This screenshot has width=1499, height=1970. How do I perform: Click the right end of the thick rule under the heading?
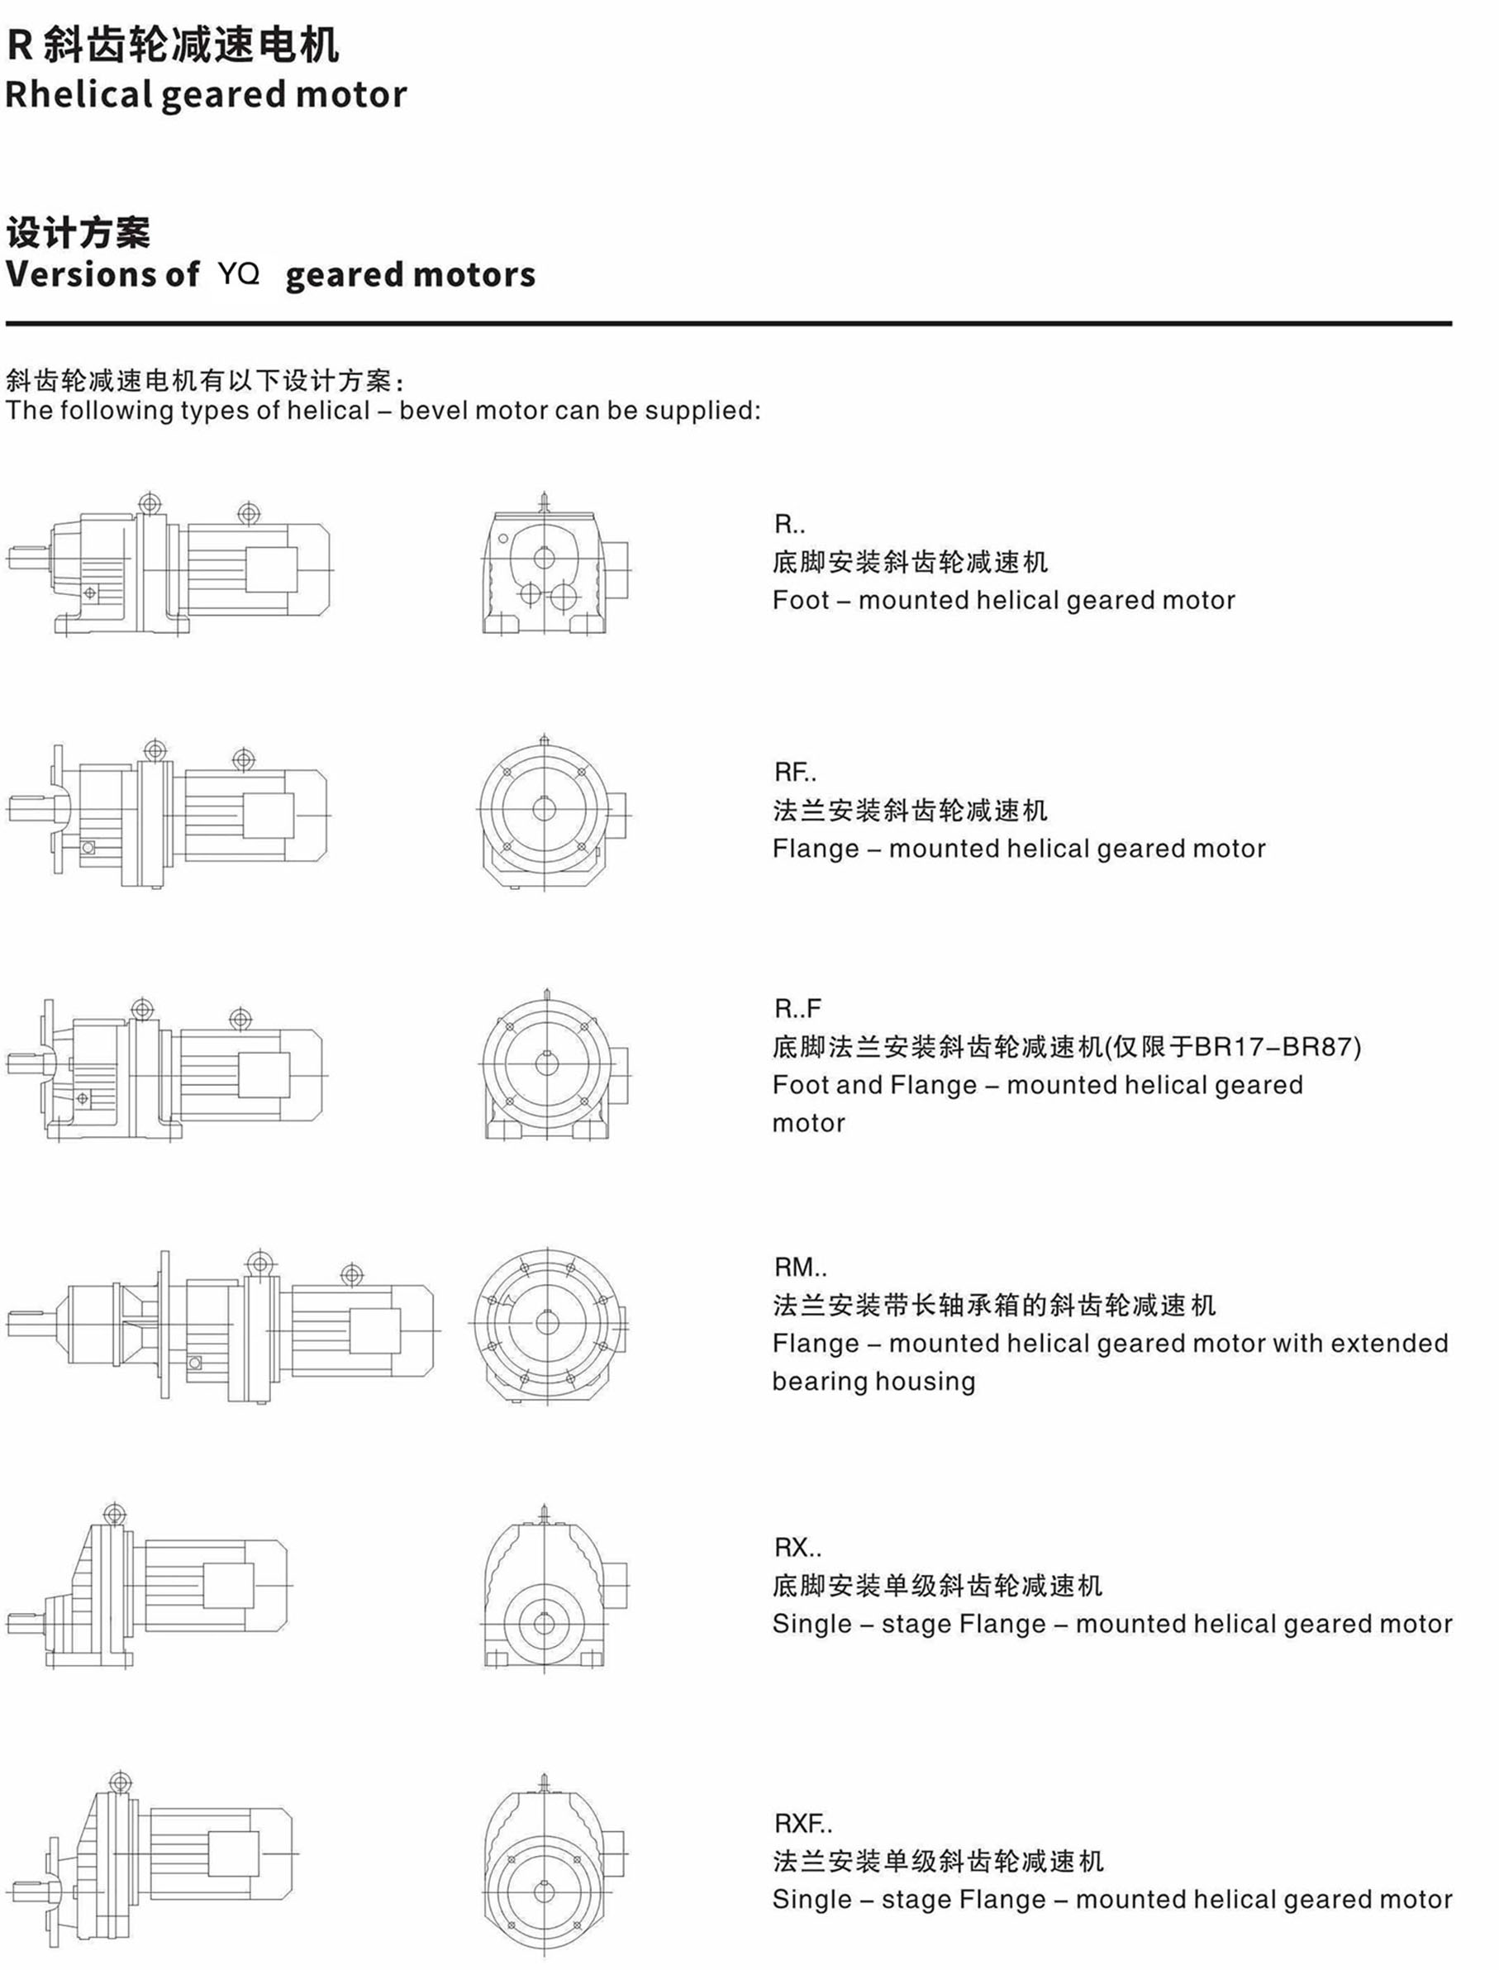[1452, 323]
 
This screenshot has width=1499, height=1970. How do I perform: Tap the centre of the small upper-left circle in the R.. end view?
[503, 538]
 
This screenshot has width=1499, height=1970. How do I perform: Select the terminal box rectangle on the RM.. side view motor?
[375, 1331]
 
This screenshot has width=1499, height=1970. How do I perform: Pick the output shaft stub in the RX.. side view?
[24, 1622]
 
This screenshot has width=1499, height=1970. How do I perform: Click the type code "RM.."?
[801, 1267]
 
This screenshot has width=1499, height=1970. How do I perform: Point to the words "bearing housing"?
[873, 1381]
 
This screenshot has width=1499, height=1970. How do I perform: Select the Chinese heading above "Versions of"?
[79, 233]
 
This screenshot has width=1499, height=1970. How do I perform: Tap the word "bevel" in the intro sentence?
[434, 411]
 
